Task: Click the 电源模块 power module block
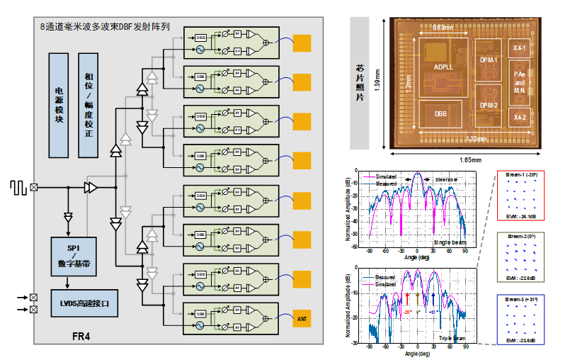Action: click(59, 105)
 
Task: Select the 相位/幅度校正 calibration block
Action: click(88, 105)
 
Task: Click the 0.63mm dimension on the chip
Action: click(443, 29)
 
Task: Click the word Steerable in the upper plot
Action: click(446, 179)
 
